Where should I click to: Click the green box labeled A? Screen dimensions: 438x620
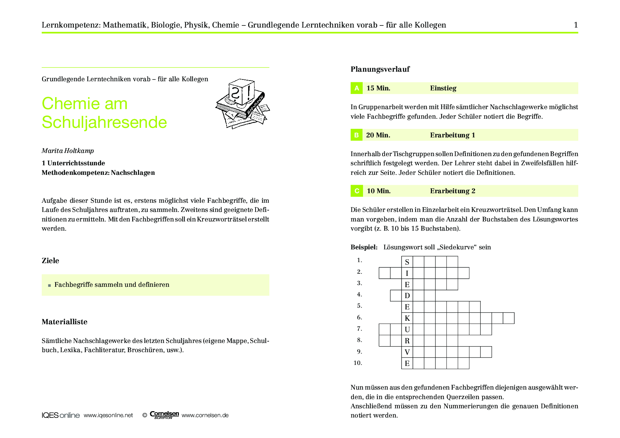(356, 88)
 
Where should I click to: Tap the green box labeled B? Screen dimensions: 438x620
(356, 135)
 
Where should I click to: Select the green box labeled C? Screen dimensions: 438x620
(356, 191)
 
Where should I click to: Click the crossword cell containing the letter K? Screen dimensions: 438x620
(407, 318)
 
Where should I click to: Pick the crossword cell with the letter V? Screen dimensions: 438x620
(407, 352)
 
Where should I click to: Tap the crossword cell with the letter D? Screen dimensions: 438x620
(407, 296)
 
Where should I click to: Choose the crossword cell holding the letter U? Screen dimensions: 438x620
(407, 330)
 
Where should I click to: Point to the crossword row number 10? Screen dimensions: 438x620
(358, 363)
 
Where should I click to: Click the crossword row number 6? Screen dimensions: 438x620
(359, 318)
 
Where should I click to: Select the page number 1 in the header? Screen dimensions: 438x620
(576, 25)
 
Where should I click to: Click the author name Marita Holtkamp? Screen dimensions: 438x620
(68, 151)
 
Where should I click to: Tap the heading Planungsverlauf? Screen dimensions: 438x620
(380, 69)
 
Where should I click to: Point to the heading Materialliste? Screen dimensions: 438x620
(64, 322)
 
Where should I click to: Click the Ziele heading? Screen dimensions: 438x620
(51, 261)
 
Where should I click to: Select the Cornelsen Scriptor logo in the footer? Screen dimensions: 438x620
(164, 415)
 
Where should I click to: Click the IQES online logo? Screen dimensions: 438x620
(60, 415)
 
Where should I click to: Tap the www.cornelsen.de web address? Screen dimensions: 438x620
(205, 415)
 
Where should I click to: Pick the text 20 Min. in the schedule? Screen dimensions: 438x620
(378, 135)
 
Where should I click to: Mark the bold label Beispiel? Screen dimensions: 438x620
(364, 247)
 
